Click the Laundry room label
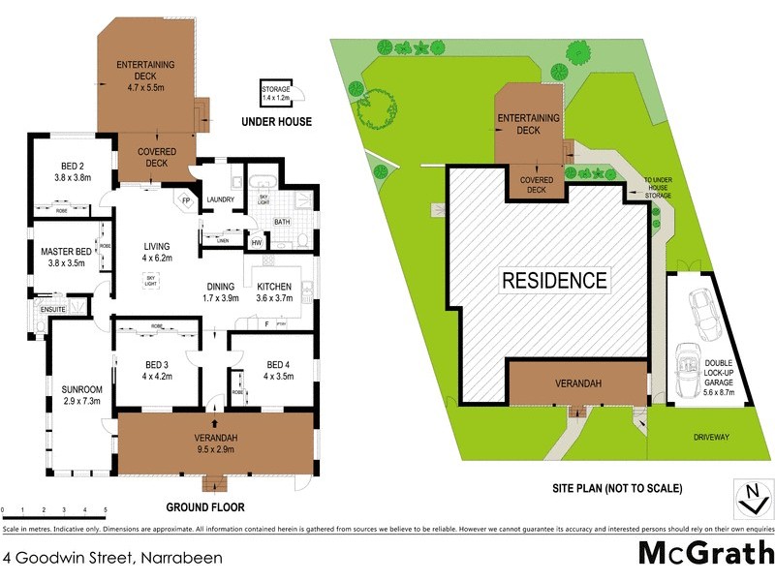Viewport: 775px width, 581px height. pyautogui.click(x=221, y=200)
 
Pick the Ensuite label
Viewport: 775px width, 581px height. pyautogui.click(x=52, y=310)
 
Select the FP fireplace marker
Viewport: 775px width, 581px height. pyautogui.click(x=186, y=202)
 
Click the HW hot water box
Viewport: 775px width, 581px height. pyautogui.click(x=257, y=243)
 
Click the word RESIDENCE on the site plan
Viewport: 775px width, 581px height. pyautogui.click(x=554, y=282)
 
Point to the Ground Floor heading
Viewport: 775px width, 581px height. pyautogui.click(x=204, y=506)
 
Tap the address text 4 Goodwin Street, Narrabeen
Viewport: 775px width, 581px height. pyautogui.click(x=113, y=557)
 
